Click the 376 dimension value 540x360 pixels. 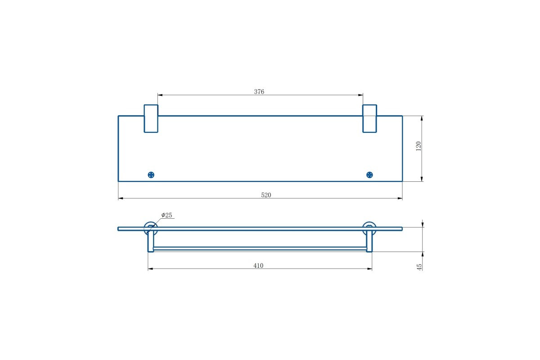[259, 92]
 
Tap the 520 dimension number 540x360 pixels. [266, 195]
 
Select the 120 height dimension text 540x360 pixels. [418, 146]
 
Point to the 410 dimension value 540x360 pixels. [258, 265]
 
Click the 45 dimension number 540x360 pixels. [419, 267]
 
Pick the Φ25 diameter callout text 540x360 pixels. [166, 215]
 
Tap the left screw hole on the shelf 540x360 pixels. [151, 175]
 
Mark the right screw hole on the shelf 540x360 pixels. [369, 175]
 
